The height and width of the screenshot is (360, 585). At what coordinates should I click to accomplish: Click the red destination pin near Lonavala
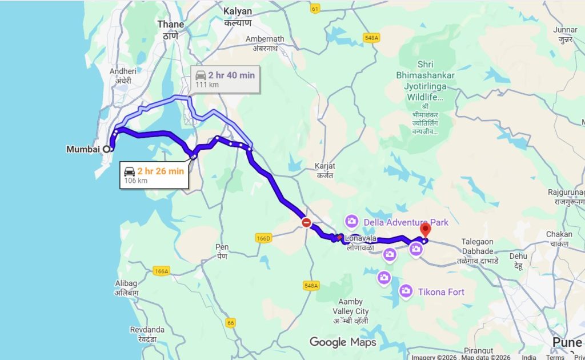(425, 230)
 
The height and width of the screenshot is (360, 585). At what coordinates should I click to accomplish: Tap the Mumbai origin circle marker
(106, 149)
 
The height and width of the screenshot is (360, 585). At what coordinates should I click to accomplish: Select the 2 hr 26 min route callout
(154, 175)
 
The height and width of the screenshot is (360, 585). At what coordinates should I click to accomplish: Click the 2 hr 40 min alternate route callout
(225, 79)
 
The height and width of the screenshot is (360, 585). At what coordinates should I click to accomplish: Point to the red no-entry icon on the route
(306, 222)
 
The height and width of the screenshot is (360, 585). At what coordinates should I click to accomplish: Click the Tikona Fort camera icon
(406, 291)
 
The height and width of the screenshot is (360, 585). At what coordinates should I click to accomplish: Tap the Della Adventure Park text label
(406, 222)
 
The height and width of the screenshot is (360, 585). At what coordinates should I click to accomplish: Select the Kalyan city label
(238, 11)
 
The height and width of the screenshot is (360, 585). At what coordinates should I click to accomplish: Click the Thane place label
(171, 25)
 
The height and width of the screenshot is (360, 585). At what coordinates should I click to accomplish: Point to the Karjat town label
(324, 166)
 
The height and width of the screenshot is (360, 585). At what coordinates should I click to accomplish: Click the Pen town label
(222, 247)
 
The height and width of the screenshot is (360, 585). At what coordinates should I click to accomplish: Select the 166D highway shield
(263, 238)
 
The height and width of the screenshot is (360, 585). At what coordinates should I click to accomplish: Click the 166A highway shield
(162, 271)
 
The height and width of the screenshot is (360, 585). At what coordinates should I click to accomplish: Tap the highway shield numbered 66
(231, 323)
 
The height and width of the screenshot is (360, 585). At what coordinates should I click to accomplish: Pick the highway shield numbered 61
(315, 9)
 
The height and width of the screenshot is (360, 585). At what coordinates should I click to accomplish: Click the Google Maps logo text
(343, 342)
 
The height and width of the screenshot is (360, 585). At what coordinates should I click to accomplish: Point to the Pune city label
(567, 342)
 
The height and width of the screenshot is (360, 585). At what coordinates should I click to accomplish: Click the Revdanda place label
(147, 330)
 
